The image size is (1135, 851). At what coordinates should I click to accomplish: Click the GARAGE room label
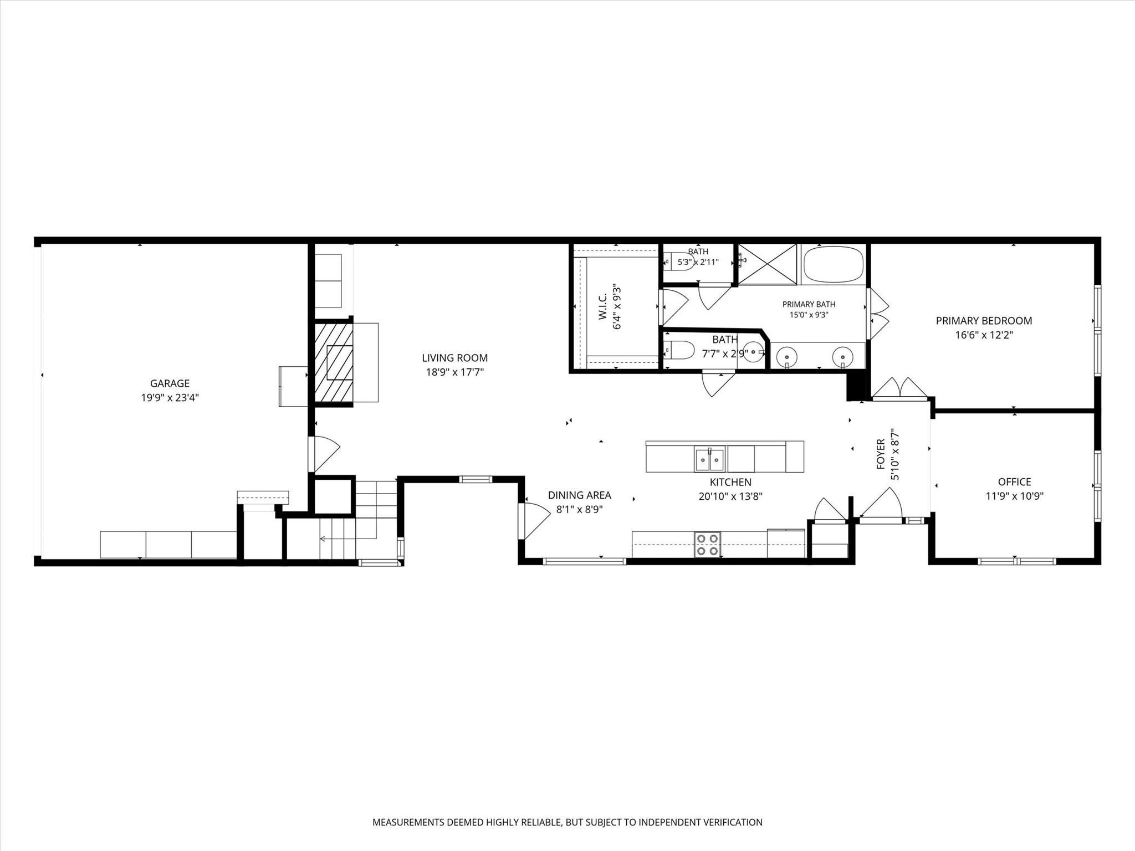[x=170, y=383]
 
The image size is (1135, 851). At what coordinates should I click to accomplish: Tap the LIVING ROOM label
[x=454, y=358]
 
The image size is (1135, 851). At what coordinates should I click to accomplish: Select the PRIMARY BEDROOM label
[x=984, y=321]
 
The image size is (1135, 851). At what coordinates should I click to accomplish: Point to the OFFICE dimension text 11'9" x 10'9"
[x=1014, y=496]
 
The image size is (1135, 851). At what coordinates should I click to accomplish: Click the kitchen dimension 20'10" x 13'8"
[x=730, y=496]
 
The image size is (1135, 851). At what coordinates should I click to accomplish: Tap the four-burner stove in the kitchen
[x=708, y=544]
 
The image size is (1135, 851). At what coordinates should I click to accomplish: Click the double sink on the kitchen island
[x=709, y=459]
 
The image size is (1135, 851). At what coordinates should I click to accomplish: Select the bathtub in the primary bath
[x=833, y=264]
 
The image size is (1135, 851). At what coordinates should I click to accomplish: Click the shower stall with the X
[x=767, y=264]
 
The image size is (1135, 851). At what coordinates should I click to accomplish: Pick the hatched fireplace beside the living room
[x=334, y=362]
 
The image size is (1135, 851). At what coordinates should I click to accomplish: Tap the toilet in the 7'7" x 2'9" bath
[x=679, y=350]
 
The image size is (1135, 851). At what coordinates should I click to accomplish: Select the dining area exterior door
[x=533, y=520]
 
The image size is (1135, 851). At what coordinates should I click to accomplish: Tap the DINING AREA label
[x=579, y=495]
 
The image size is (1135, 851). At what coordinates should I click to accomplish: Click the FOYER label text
[x=881, y=454]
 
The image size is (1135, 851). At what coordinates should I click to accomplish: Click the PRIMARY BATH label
[x=809, y=304]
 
